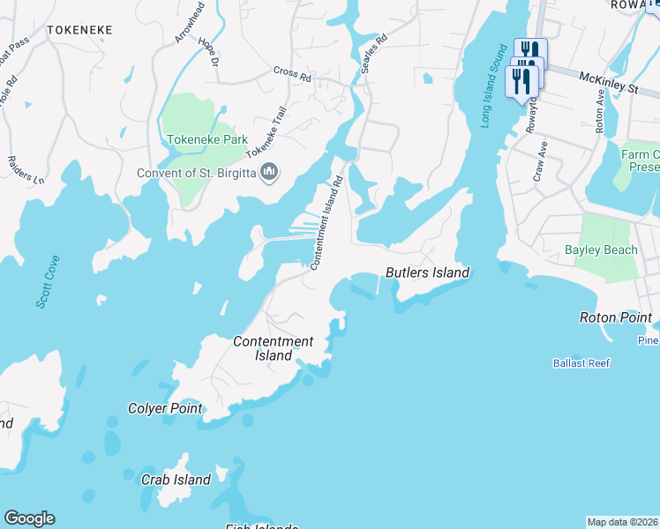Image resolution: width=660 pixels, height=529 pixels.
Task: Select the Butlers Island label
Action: (x=427, y=272)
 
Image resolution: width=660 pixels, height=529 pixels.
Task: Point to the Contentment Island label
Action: (x=274, y=348)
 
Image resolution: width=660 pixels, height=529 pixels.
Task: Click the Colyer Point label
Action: (x=165, y=408)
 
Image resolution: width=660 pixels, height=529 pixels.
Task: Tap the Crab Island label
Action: (x=176, y=480)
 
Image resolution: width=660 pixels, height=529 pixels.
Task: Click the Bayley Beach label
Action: (x=600, y=250)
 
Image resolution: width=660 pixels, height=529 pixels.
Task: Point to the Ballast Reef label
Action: (x=581, y=362)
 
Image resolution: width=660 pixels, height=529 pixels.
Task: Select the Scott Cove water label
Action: (x=48, y=281)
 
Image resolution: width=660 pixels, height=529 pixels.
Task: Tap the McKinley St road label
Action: (x=608, y=84)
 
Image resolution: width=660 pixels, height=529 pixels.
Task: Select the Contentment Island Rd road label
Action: (x=326, y=223)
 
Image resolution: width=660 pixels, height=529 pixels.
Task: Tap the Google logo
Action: (x=29, y=518)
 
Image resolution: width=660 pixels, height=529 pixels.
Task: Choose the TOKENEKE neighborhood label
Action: (x=79, y=30)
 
